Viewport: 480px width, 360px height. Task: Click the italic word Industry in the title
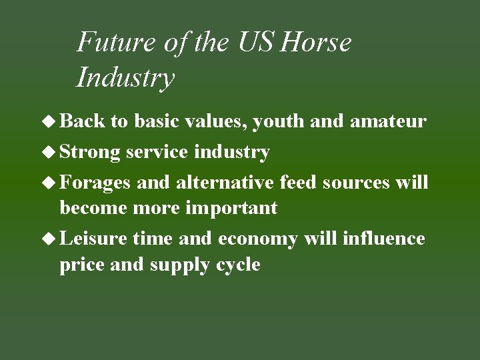pyautogui.click(x=125, y=77)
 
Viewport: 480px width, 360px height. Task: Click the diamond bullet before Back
pyautogui.click(x=51, y=121)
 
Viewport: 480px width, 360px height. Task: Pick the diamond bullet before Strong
pyautogui.click(x=51, y=152)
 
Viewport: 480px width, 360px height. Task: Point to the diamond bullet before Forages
pyautogui.click(x=51, y=183)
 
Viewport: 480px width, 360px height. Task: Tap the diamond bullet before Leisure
pyautogui.click(x=51, y=239)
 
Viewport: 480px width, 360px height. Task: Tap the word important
pyautogui.click(x=231, y=208)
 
